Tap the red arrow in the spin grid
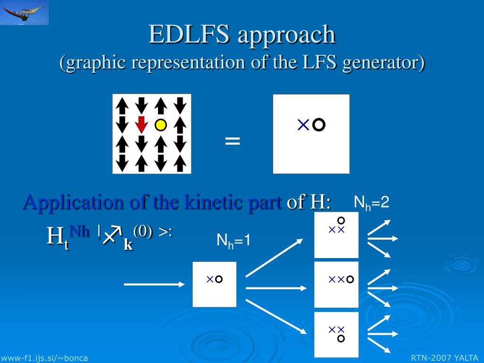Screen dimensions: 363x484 [141, 124]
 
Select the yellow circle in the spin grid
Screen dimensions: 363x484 [161, 125]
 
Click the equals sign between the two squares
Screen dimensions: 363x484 [232, 140]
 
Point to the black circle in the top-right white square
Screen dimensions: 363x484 [319, 125]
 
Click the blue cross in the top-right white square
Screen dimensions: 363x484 [303, 125]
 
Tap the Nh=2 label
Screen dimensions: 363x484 [372, 203]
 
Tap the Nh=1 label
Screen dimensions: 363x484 [233, 241]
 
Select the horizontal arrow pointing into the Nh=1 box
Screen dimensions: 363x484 [154, 284]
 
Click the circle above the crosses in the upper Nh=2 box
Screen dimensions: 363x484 [341, 220]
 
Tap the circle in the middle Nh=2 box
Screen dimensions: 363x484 [350, 279]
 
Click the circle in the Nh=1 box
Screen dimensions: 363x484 [218, 279]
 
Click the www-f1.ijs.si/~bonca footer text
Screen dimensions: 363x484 [44, 358]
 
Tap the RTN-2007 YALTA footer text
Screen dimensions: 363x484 [444, 358]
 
